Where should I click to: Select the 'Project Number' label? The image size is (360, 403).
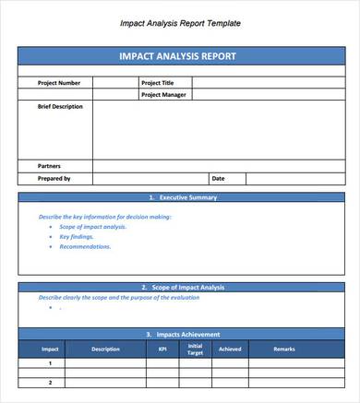53,83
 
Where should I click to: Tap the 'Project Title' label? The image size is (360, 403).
157,83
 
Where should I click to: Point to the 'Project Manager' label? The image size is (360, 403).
162,94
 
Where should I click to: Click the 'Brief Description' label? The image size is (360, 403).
59,107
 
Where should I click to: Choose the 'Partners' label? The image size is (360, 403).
49,166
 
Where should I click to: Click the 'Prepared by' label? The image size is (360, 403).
54,178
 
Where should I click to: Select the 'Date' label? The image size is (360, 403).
218,178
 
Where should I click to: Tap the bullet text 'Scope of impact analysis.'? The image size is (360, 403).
92,227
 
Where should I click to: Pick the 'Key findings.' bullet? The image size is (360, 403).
77,237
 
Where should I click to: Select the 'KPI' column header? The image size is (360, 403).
163,350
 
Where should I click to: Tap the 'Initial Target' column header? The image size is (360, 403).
195,350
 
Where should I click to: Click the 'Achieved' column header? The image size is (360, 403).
230,350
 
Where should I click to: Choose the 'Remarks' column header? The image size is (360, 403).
285,350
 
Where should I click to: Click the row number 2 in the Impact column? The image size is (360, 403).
50,381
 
